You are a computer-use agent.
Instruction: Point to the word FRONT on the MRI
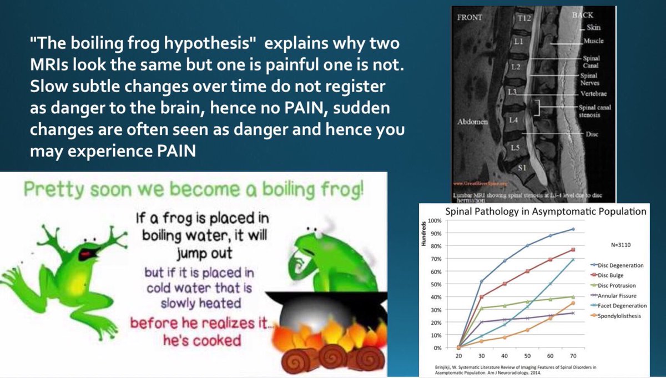(469, 17)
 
